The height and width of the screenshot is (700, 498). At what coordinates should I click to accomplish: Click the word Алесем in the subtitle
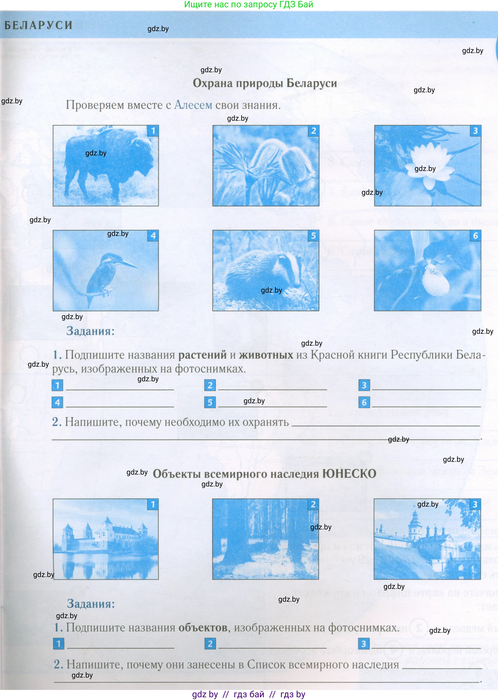pyautogui.click(x=193, y=105)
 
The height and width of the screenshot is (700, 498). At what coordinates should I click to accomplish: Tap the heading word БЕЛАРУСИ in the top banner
pyautogui.click(x=39, y=25)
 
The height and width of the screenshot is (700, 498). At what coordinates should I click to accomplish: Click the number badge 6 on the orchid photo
pyautogui.click(x=475, y=235)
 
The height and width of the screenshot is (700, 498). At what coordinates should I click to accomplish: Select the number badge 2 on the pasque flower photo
pyautogui.click(x=313, y=131)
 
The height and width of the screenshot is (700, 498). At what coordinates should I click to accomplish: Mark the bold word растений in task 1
pyautogui.click(x=202, y=355)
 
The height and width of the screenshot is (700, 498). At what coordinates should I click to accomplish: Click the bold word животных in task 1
pyautogui.click(x=266, y=355)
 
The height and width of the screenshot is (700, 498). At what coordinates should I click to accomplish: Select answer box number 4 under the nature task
pyautogui.click(x=57, y=402)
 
